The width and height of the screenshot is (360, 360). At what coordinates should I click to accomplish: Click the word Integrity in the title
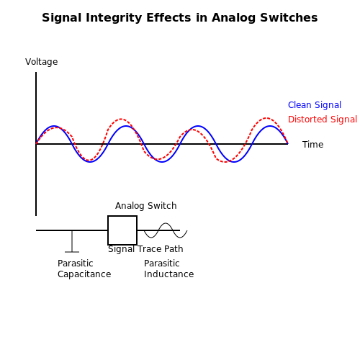tap(114, 18)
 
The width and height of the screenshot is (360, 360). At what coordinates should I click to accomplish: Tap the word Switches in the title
tap(289, 18)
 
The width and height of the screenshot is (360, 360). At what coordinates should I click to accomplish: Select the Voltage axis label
tap(42, 62)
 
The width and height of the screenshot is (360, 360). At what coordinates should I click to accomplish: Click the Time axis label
tap(312, 145)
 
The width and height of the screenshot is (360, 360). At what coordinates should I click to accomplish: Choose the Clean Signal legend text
tap(315, 105)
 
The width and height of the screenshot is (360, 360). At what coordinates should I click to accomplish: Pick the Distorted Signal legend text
tap(323, 120)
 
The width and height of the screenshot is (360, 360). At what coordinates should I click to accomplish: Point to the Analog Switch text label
tap(146, 206)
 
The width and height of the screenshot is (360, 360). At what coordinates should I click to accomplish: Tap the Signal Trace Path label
tap(145, 249)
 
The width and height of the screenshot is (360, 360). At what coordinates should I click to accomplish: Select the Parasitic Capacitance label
tap(84, 269)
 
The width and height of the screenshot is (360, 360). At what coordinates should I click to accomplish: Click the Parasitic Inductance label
tap(168, 269)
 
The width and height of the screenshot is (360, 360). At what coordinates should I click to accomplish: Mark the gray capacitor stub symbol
tap(72, 241)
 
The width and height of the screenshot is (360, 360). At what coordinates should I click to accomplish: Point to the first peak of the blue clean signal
tap(54, 126)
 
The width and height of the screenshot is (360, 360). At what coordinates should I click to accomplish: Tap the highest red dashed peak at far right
tap(266, 118)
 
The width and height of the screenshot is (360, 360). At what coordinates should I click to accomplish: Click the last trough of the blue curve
tap(234, 162)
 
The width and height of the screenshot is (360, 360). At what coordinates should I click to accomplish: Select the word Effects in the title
tap(168, 18)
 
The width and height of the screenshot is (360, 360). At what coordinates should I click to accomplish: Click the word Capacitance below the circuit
tap(84, 274)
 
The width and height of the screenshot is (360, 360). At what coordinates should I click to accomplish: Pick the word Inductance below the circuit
tap(168, 274)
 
